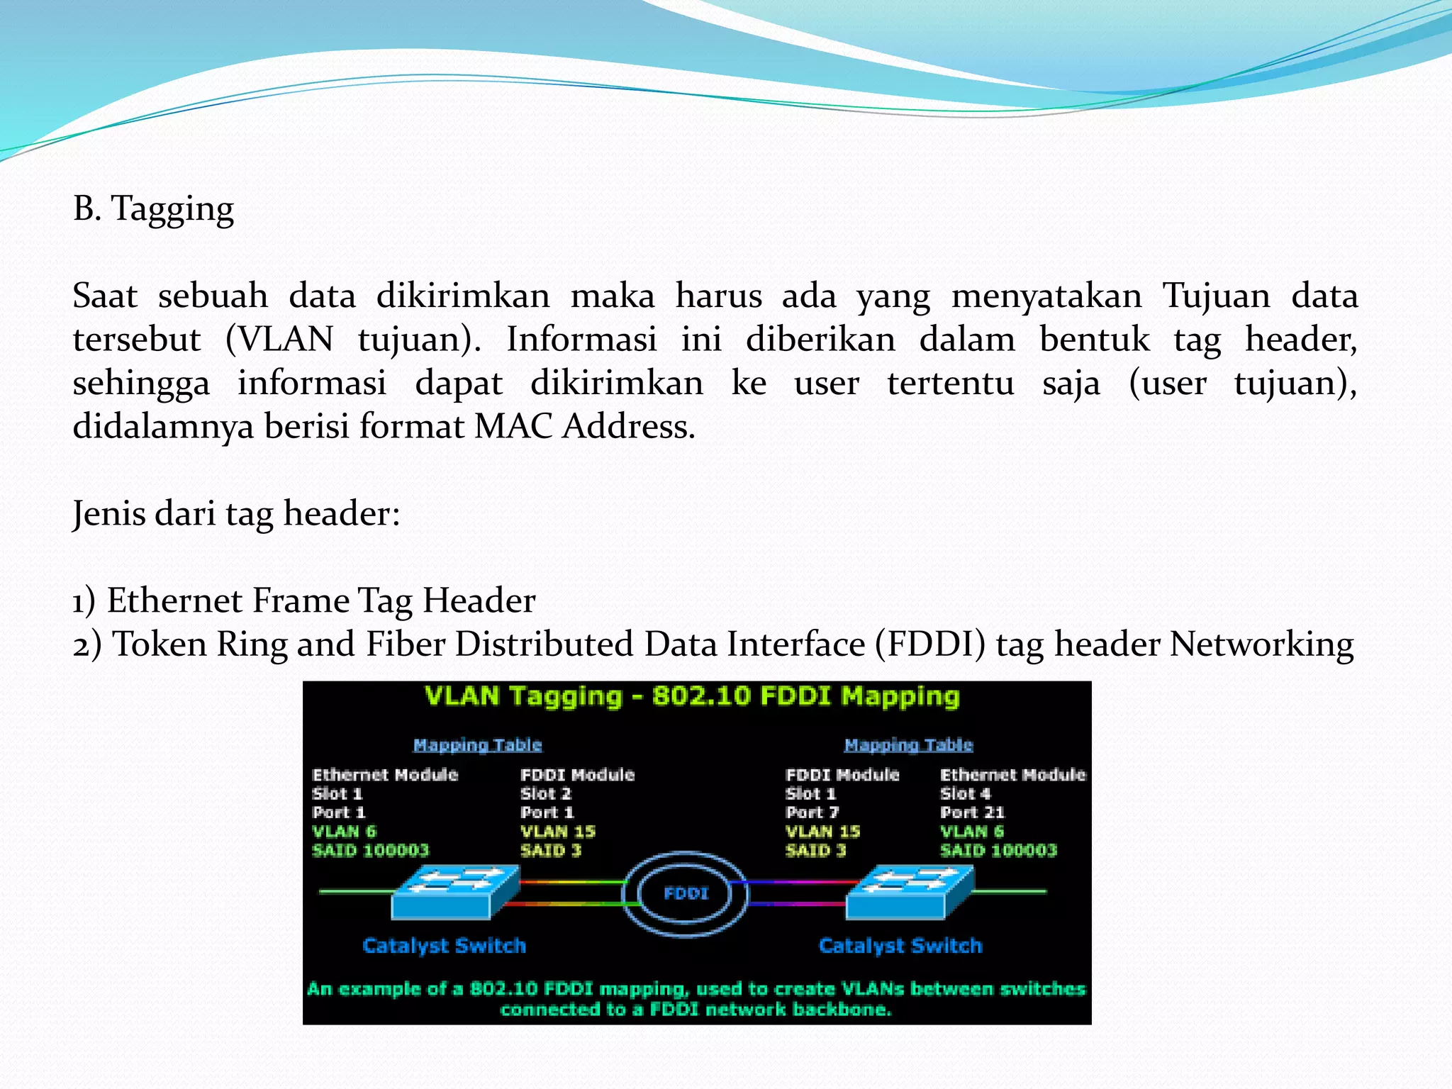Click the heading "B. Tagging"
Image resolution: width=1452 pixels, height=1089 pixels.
pos(153,209)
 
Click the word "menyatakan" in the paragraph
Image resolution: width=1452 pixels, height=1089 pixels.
pos(1046,296)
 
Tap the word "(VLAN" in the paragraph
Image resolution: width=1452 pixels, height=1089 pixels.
pos(279,340)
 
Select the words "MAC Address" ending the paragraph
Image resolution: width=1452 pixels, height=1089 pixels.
pos(584,427)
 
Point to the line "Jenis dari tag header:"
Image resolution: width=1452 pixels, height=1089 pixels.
pos(236,513)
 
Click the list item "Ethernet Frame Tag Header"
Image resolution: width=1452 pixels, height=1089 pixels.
pos(320,601)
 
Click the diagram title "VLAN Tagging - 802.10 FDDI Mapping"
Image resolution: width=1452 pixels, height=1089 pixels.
pos(692,696)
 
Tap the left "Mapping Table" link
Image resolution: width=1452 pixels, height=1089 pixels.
pos(477,745)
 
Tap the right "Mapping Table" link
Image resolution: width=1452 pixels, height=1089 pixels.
pos(908,745)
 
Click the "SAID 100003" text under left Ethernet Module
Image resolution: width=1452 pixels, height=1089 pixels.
pos(371,850)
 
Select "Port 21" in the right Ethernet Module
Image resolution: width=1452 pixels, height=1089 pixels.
pos(972,812)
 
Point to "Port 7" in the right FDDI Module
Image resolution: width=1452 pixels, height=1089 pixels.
pos(812,812)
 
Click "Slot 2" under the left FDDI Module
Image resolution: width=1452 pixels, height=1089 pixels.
pos(545,793)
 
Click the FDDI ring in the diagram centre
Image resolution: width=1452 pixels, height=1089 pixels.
pos(686,893)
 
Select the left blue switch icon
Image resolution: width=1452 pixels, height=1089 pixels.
pos(454,893)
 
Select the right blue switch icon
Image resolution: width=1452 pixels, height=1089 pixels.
pos(910,893)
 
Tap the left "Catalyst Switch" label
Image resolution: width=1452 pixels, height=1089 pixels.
pos(444,946)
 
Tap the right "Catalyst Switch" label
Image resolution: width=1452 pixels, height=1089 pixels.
pos(900,946)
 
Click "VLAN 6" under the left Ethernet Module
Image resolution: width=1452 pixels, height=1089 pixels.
pos(344,831)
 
